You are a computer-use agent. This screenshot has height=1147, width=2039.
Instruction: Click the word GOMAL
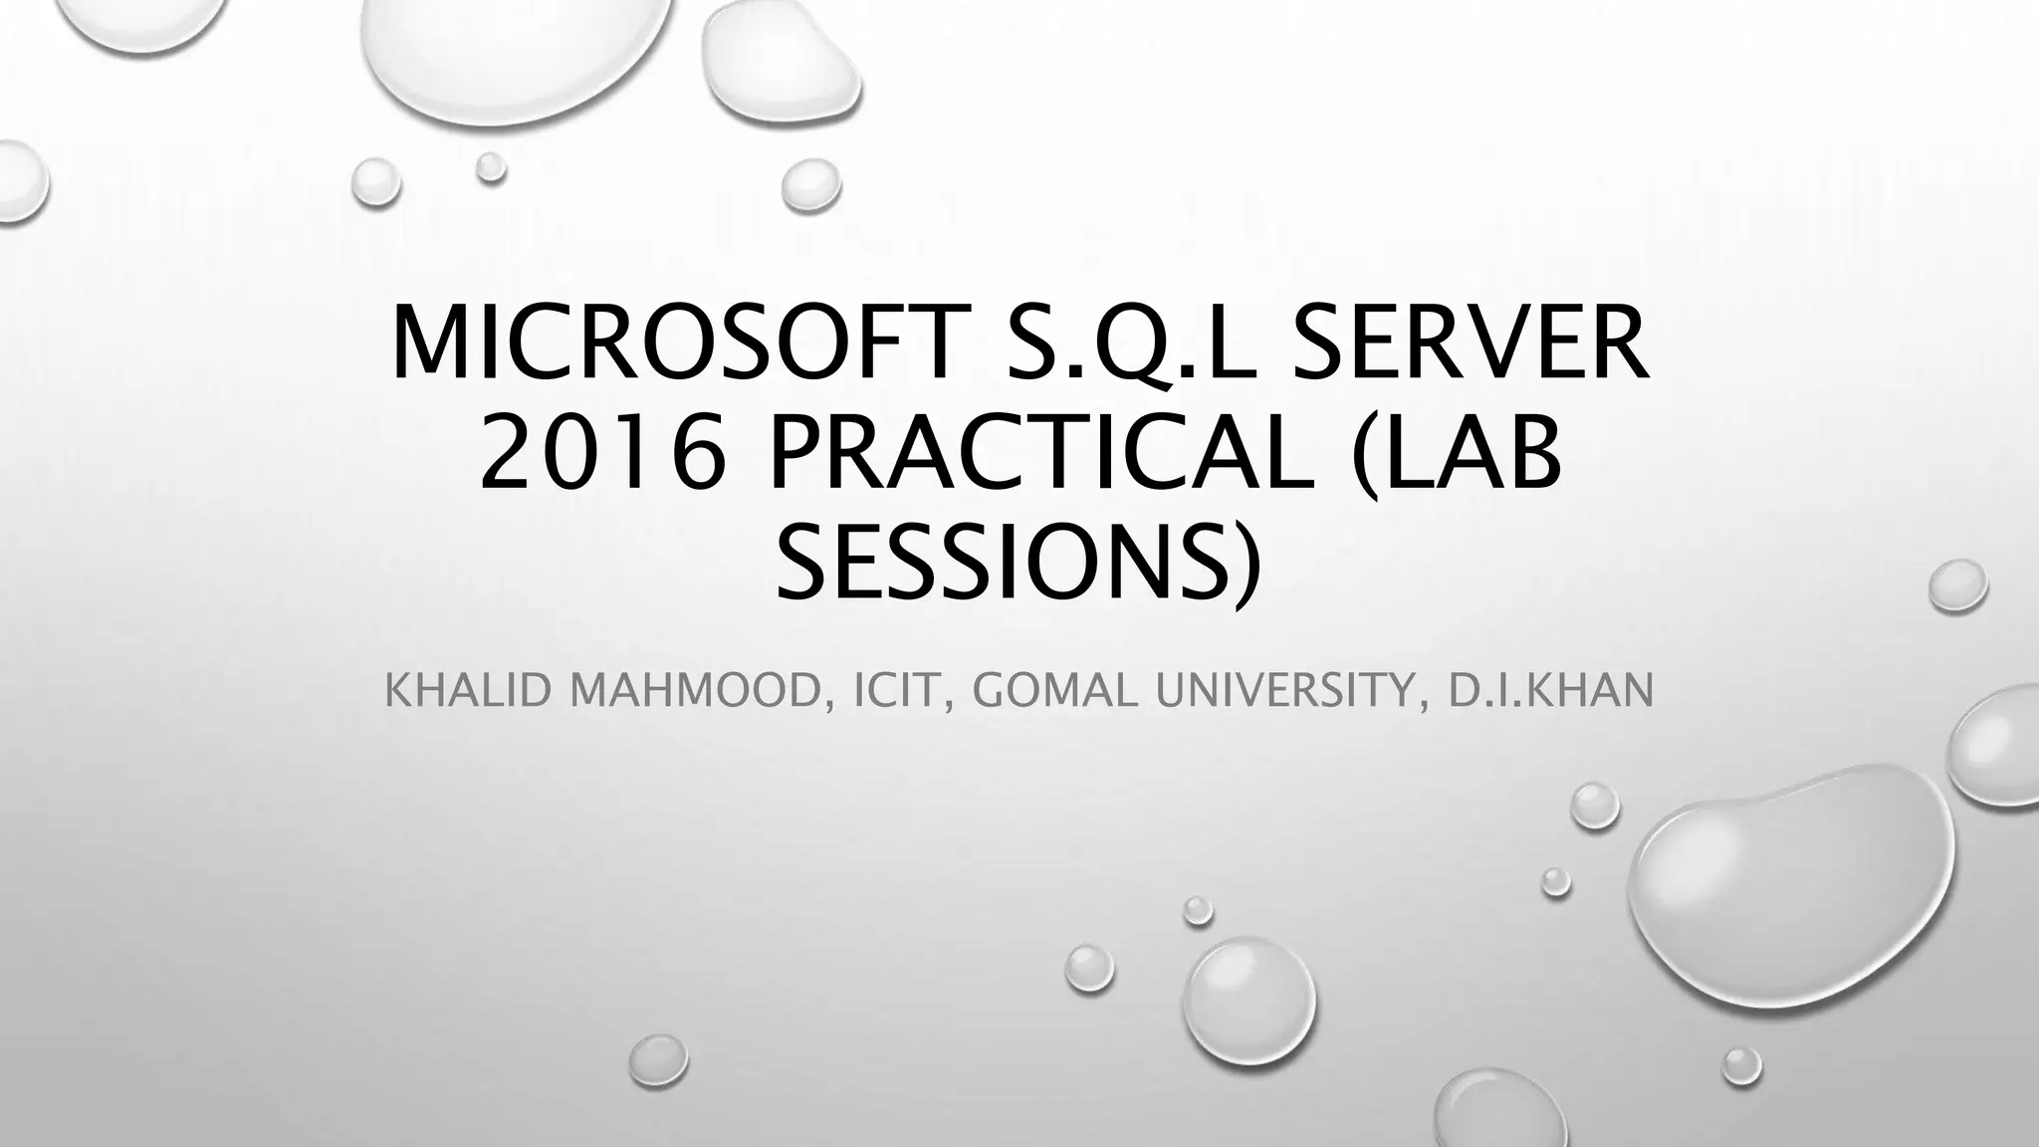click(x=1058, y=691)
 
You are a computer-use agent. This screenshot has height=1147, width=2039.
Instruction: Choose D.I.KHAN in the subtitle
click(x=1550, y=691)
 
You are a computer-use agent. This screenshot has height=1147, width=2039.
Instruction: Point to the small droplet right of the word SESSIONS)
click(x=1957, y=585)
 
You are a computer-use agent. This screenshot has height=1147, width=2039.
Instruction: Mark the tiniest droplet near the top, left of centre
click(x=490, y=167)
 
